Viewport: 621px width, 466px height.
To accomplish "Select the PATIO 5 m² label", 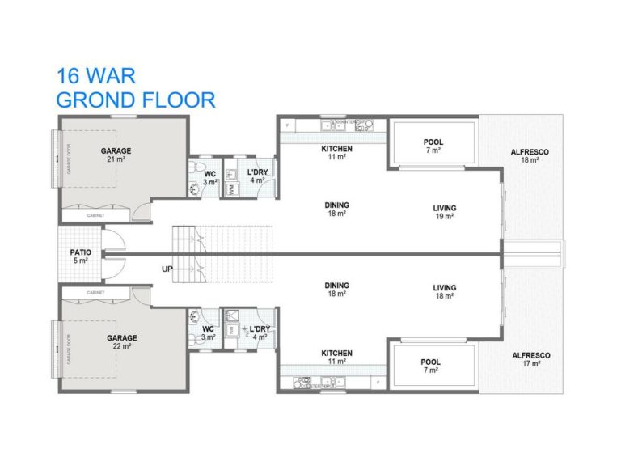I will pos(80,256).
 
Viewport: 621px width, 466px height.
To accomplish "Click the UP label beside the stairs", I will pos(167,269).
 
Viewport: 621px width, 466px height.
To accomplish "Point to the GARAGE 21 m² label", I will pos(116,155).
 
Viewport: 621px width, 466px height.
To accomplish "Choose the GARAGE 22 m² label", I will pos(122,341).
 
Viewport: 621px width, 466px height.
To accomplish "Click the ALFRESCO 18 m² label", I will pos(530,155).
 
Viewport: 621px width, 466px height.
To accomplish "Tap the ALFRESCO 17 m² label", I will pos(530,359).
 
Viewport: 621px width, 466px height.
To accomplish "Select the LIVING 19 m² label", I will pos(444,211).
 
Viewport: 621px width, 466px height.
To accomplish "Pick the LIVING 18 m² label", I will pos(444,292).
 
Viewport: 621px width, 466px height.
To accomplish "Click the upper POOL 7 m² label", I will pos(433,146).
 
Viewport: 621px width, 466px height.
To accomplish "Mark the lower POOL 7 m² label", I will pos(430,366).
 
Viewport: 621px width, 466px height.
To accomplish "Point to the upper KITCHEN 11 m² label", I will pos(336,153).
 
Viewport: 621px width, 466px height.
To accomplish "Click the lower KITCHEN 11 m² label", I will pos(336,357).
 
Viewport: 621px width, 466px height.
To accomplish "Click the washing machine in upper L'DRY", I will pos(230,189).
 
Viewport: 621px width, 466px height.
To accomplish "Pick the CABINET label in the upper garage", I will pos(96,215).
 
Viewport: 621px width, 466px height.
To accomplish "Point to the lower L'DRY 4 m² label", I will pos(260,333).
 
